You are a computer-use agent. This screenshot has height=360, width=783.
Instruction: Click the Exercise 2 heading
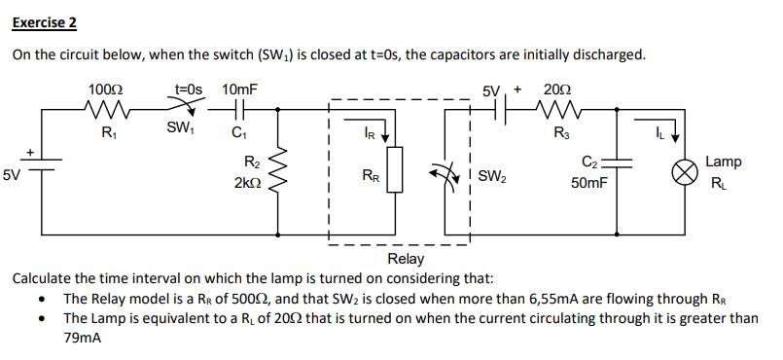point(45,20)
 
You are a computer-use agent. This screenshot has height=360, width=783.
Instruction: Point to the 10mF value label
point(239,90)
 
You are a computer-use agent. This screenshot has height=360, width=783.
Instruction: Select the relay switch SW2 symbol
point(449,176)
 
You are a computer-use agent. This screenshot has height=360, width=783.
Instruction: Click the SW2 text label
point(491,177)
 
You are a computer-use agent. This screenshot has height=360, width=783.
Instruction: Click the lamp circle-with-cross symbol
point(685,173)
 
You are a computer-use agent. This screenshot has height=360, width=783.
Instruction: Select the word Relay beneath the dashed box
point(406,259)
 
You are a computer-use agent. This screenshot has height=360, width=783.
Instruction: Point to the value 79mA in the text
point(83,338)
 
